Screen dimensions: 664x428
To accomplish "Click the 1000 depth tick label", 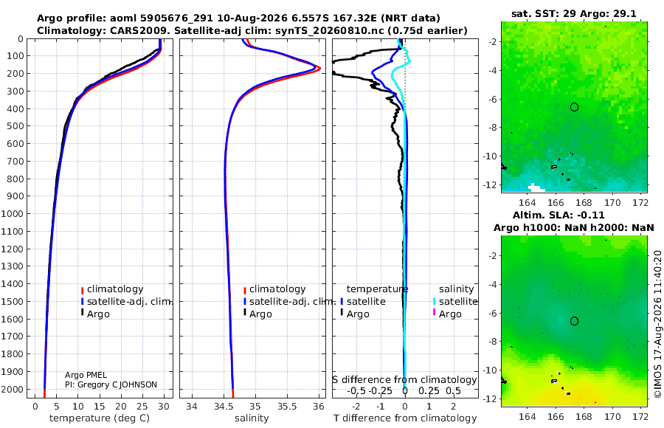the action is tap(13, 213).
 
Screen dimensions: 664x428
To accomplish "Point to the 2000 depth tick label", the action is tap(13, 389).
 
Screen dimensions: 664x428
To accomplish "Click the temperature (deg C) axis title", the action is tap(100, 418).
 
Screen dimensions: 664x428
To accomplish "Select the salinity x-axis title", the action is tap(252, 418).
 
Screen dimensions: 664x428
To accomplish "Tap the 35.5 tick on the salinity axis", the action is tap(287, 407).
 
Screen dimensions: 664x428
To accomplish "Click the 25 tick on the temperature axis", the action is tap(142, 407).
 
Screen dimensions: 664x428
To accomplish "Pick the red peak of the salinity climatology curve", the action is tap(319, 68).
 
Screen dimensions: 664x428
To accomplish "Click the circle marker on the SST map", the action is tap(574, 107).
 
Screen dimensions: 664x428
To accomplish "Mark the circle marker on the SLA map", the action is tap(574, 321).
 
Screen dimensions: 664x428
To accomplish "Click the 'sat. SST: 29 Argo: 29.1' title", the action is tap(574, 13).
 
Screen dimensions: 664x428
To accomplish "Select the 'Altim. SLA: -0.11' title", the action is tap(558, 215).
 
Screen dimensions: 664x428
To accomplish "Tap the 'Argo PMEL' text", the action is tap(86, 375).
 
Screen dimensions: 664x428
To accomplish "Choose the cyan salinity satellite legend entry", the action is tap(454, 301).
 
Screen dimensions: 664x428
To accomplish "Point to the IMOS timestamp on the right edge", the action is tap(657, 324).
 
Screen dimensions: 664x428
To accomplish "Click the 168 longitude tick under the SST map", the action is tap(584, 203).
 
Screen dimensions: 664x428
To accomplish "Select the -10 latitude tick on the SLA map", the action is tap(491, 370).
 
